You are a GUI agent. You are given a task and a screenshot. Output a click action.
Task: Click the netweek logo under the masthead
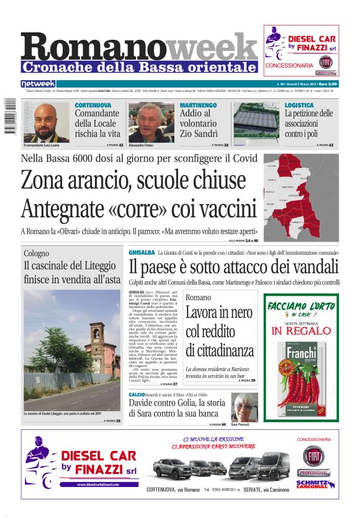point(38,84)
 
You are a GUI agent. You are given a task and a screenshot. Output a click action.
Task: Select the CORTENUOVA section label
point(93,106)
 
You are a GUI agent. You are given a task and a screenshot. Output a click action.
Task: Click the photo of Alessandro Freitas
point(150,122)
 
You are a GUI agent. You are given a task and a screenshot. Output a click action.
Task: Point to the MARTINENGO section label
point(198,106)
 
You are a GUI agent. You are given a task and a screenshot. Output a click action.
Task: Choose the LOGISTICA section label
point(299,106)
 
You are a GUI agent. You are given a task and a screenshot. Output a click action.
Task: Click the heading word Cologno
point(37,253)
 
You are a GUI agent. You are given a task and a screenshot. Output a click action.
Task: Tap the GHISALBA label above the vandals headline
point(142,253)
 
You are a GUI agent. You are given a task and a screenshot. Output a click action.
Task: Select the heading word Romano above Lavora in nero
point(198,298)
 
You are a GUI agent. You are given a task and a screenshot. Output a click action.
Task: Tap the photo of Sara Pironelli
point(244,407)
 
